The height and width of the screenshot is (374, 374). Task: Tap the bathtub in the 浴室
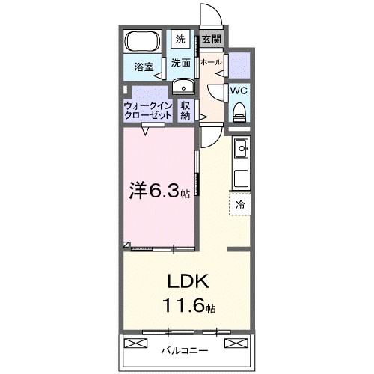tap(142, 42)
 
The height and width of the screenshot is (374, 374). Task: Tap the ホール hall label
tap(211, 62)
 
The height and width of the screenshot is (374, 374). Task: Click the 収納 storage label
tap(186, 111)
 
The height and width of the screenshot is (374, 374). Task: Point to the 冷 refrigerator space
tap(240, 203)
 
